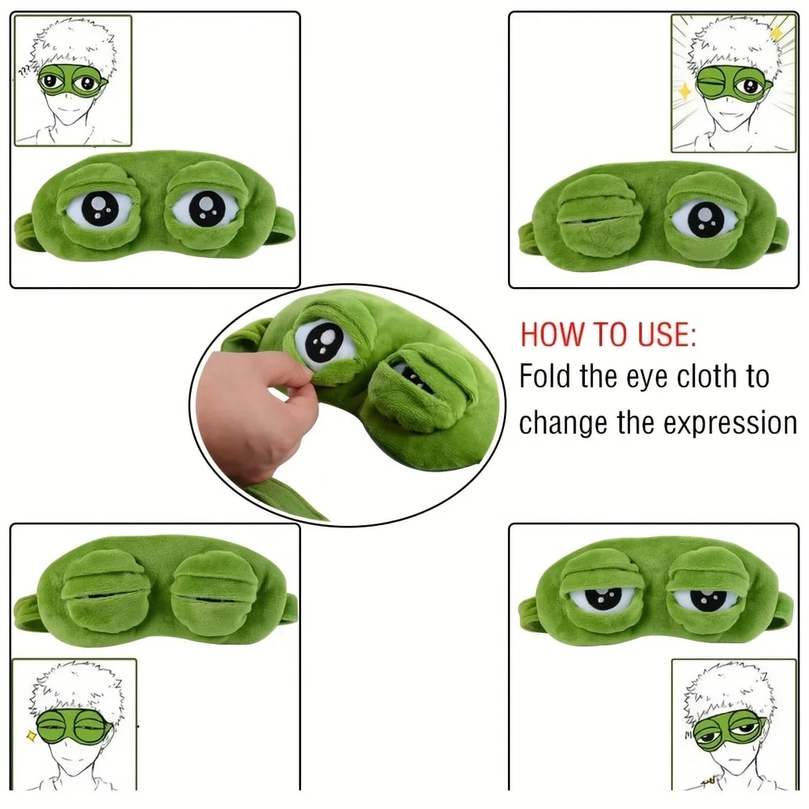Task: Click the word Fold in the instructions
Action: (x=547, y=377)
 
